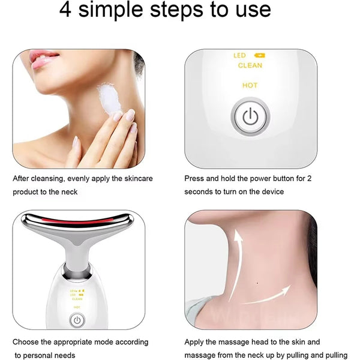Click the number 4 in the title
[68, 10]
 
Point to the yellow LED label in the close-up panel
[239, 56]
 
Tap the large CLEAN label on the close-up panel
[250, 65]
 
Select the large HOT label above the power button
[250, 85]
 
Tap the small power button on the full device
[77, 320]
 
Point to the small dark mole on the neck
[257, 283]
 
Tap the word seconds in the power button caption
[200, 191]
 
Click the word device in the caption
[271, 191]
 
